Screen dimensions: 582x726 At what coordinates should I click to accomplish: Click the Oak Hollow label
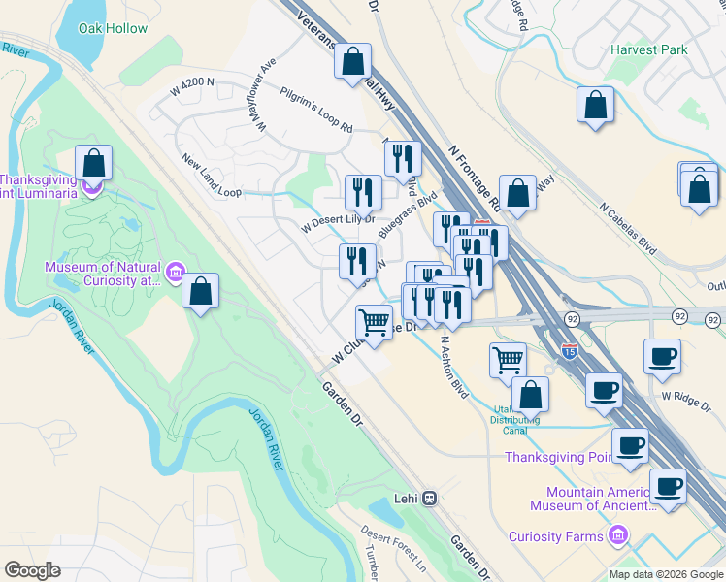click(113, 29)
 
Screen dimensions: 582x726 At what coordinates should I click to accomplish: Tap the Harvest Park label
click(649, 49)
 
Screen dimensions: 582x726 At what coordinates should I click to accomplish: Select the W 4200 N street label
click(192, 84)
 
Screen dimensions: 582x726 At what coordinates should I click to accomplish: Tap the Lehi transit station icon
click(430, 500)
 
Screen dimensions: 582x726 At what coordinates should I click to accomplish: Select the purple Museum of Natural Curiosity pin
click(175, 271)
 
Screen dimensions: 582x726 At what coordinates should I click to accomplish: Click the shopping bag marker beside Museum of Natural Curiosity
click(200, 292)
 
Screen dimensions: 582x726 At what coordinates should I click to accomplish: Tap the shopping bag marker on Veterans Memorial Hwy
click(353, 61)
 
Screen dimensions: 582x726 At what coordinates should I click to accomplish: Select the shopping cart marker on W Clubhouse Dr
click(374, 321)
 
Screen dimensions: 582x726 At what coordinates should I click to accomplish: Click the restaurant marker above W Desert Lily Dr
click(363, 191)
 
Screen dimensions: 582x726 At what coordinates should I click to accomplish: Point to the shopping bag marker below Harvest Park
click(595, 105)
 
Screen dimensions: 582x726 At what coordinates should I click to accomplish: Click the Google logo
click(32, 570)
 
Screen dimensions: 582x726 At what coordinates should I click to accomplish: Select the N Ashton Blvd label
click(454, 361)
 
